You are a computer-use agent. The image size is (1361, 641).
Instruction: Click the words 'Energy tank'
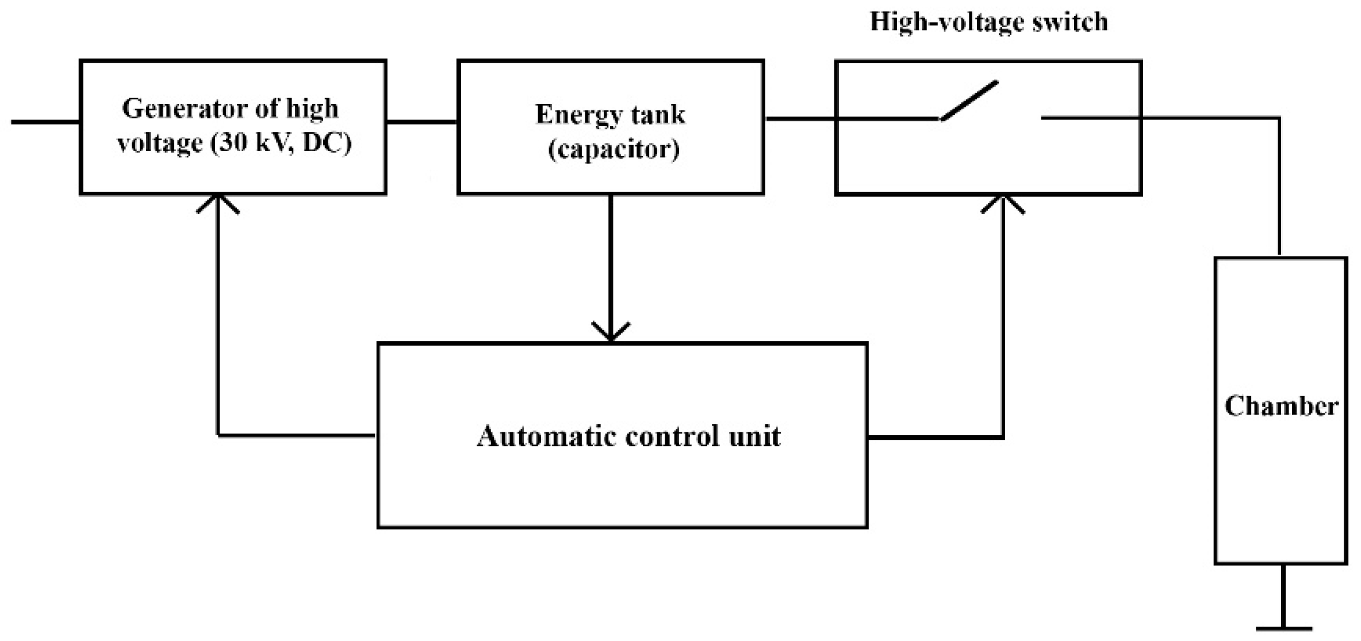click(610, 114)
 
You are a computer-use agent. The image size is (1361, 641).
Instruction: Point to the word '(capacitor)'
click(614, 149)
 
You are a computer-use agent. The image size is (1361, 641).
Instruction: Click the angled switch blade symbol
click(969, 101)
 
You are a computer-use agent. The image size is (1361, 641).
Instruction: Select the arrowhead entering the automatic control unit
click(611, 333)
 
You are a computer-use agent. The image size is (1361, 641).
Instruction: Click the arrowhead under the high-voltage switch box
click(1003, 203)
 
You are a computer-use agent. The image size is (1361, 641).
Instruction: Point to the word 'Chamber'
click(1281, 406)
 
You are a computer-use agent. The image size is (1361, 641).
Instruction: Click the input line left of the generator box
click(45, 122)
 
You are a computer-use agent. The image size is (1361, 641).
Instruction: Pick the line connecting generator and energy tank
click(421, 122)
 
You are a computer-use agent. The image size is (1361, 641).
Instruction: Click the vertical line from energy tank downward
click(611, 259)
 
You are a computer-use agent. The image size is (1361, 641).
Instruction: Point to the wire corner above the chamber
click(1279, 118)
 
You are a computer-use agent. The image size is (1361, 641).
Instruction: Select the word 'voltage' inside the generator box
click(160, 144)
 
